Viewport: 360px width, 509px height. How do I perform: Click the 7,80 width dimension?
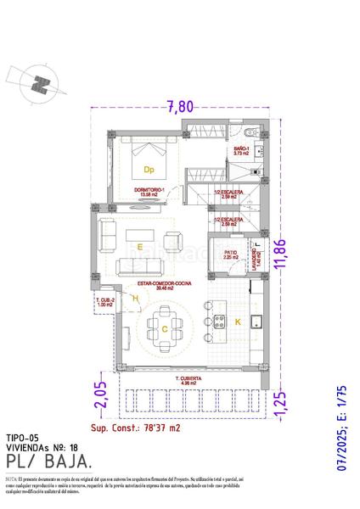click(181, 106)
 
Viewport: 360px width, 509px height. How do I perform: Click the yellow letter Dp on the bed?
click(148, 170)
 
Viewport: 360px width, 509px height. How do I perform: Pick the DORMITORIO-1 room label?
click(148, 190)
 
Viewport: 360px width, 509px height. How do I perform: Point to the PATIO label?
click(230, 253)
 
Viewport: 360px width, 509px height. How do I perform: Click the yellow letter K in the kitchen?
click(238, 322)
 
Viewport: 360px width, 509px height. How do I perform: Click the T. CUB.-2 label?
click(105, 301)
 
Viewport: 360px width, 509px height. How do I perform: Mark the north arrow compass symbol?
click(39, 82)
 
